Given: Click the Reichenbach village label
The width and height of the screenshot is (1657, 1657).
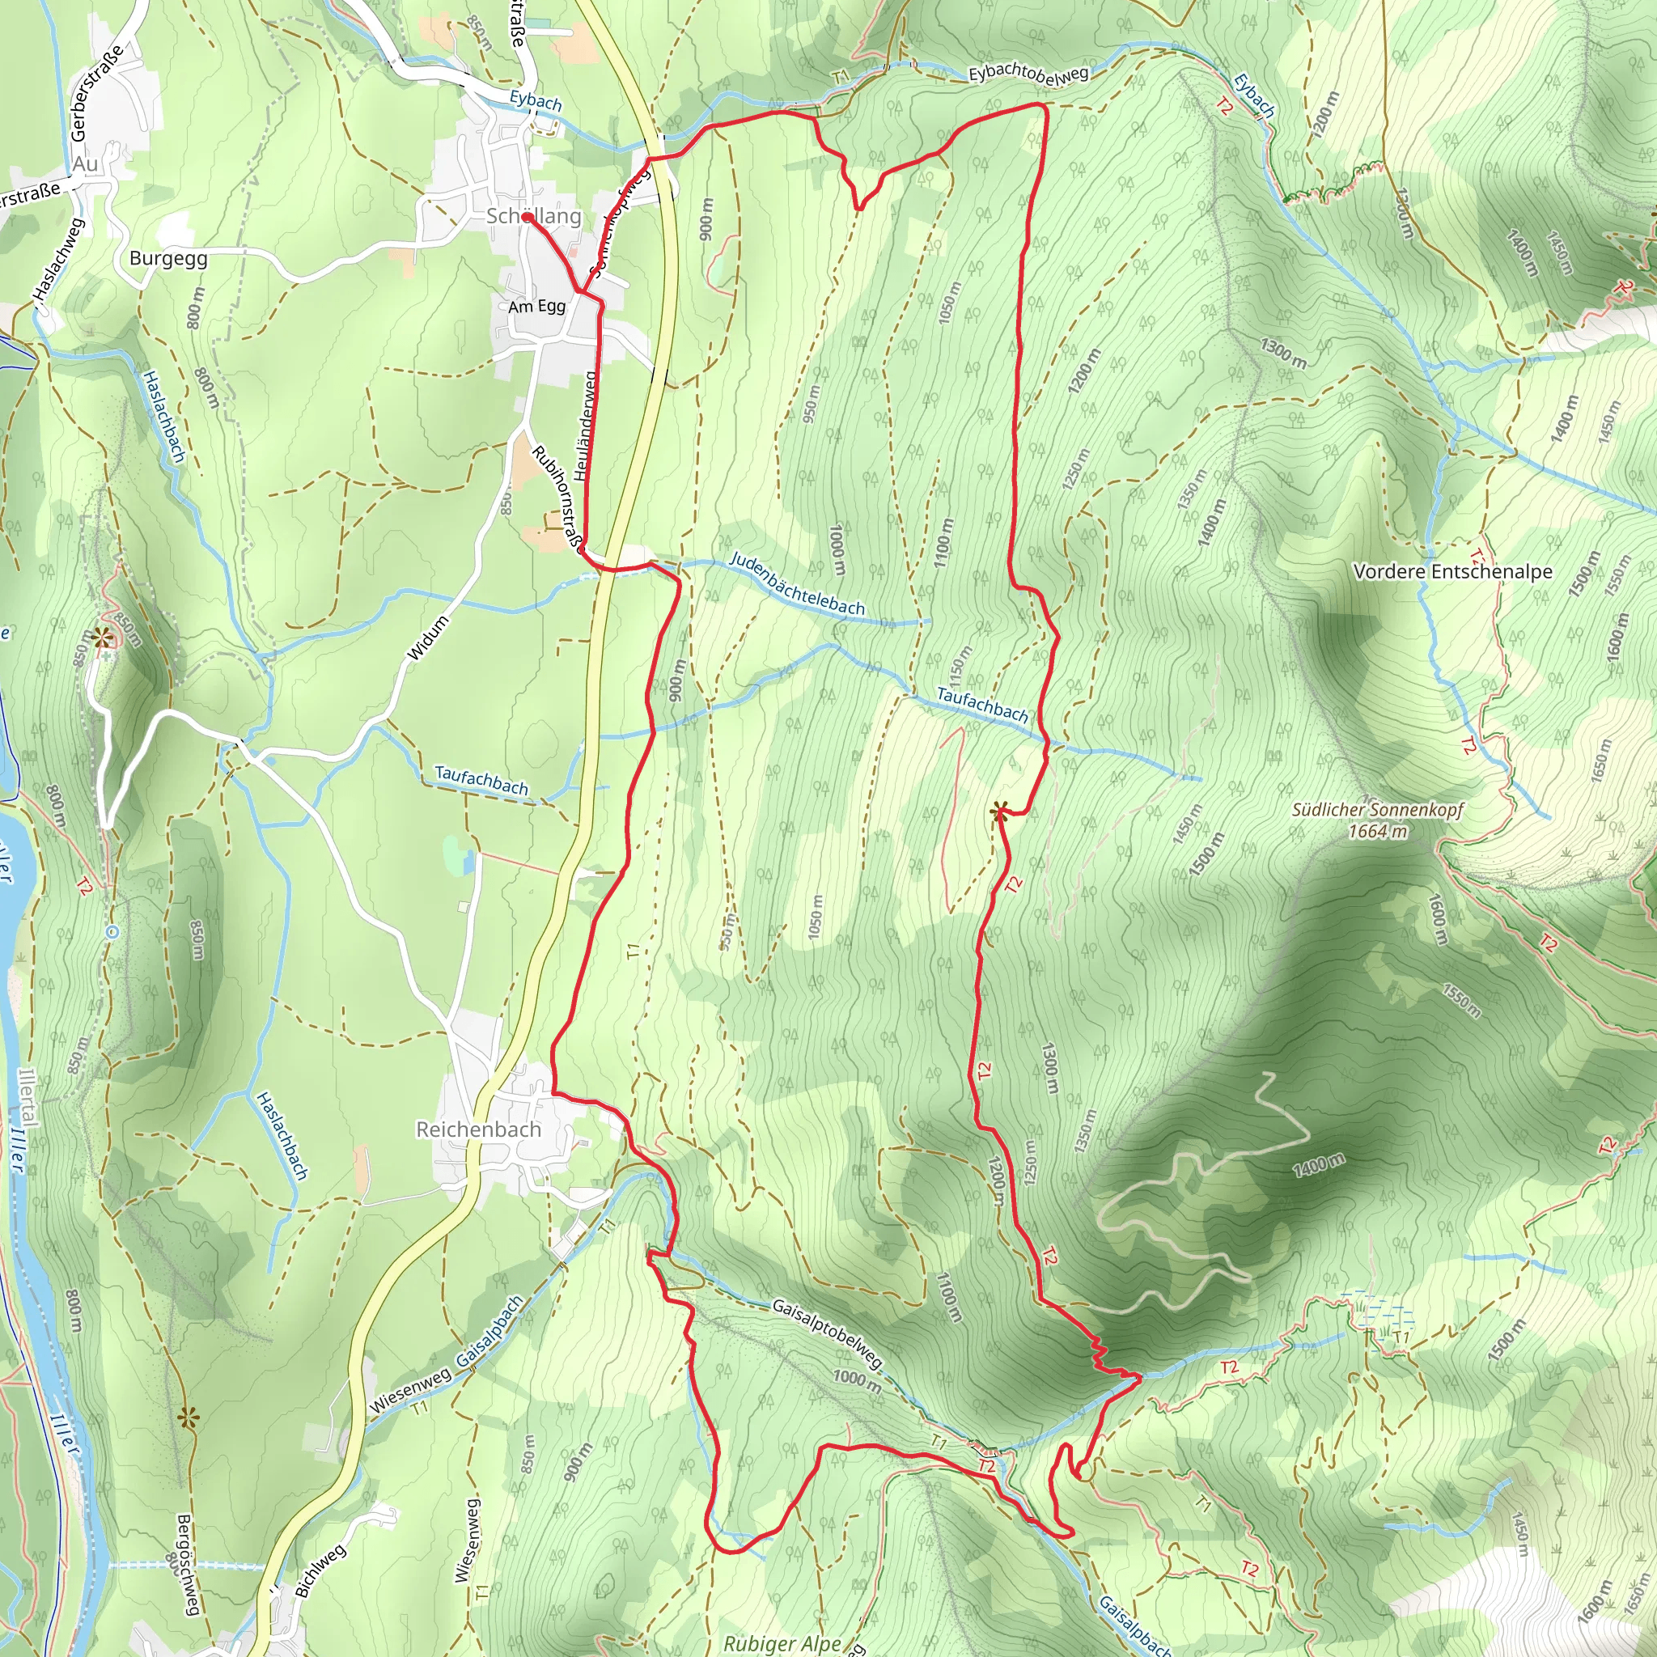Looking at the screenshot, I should tap(479, 1129).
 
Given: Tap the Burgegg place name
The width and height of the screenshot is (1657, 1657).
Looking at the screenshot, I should tap(168, 258).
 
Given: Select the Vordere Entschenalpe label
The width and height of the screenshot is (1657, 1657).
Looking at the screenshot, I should tap(1453, 571).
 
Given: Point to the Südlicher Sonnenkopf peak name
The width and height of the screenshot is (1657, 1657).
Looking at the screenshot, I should tap(1377, 810).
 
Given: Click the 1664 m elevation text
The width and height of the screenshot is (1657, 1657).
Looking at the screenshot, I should tap(1377, 831).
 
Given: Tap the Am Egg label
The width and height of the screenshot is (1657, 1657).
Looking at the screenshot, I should tap(537, 306).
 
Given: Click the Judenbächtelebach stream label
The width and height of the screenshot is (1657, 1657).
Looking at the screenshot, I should tap(797, 585).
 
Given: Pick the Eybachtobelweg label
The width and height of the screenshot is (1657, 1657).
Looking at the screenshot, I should tap(1028, 74).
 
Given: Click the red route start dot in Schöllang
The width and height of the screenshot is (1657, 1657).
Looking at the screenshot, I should tap(527, 218).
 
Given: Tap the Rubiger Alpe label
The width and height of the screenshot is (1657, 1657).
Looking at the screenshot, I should tap(782, 1643).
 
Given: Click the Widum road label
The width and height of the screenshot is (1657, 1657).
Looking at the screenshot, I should tap(428, 638).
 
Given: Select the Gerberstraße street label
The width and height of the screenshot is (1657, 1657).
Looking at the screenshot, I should tap(97, 92).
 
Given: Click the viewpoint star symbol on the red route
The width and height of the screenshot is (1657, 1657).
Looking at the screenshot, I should tap(998, 812).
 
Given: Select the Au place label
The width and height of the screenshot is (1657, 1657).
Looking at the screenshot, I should tap(85, 163).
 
